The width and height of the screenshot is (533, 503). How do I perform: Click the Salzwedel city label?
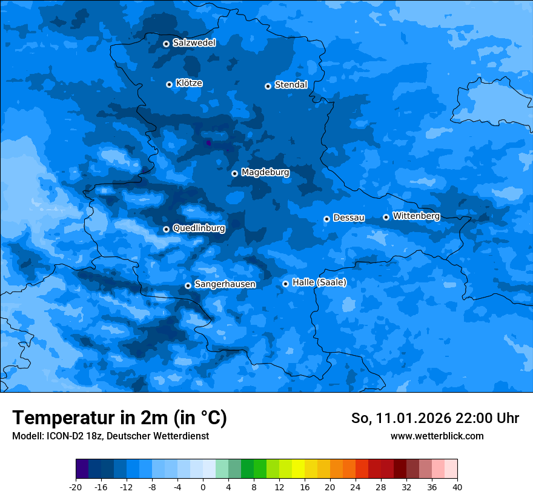(x=194, y=43)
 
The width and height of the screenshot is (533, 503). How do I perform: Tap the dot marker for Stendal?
(x=268, y=86)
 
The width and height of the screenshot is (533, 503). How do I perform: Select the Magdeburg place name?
(x=265, y=173)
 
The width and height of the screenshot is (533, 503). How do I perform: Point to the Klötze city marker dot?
(x=169, y=84)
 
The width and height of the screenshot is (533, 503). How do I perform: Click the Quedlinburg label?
(x=199, y=228)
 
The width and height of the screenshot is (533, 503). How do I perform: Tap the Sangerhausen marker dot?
(x=188, y=285)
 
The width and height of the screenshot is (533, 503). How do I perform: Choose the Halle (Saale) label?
(x=319, y=282)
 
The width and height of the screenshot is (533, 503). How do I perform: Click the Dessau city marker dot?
(x=326, y=219)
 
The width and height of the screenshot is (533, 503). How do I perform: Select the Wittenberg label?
(x=416, y=216)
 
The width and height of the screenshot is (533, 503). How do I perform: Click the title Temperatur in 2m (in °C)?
(x=119, y=418)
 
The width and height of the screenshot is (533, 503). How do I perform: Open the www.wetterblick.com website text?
(x=437, y=436)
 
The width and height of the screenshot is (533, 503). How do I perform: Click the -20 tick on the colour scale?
(x=76, y=487)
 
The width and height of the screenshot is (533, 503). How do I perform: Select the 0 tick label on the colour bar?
(x=203, y=487)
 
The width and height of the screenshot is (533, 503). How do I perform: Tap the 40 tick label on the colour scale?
(x=457, y=487)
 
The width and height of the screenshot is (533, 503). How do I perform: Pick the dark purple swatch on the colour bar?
(x=82, y=469)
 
